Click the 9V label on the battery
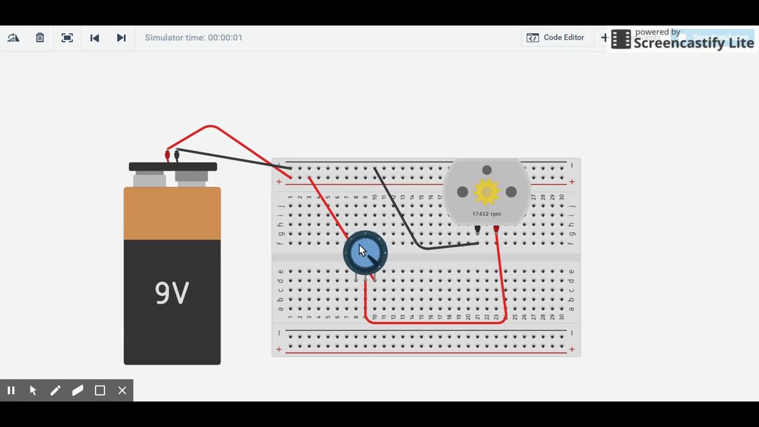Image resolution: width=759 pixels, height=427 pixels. click(172, 293)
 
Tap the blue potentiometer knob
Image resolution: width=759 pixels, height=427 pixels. click(365, 252)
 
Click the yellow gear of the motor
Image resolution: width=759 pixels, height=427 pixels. click(487, 192)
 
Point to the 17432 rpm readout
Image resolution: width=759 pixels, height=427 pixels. click(486, 214)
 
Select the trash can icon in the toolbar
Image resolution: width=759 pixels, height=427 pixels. click(40, 38)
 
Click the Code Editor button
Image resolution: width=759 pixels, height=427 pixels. click(556, 38)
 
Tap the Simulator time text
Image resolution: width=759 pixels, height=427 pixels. click(193, 38)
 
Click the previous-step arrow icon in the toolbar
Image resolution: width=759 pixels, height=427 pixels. click(94, 38)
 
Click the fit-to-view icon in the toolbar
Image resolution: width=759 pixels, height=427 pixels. click(67, 38)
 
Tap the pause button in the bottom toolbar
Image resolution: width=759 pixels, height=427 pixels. click(11, 390)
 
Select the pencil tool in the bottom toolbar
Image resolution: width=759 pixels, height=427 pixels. click(55, 390)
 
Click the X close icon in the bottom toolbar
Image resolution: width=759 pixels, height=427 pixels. click(122, 390)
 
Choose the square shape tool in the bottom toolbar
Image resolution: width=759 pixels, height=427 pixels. click(100, 390)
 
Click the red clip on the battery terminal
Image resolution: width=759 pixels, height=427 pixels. click(168, 155)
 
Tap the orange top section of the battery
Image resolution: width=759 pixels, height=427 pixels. click(172, 213)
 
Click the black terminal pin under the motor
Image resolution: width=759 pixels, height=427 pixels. click(477, 229)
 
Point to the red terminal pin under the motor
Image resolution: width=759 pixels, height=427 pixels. click(496, 229)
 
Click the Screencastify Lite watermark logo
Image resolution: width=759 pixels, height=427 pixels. click(682, 39)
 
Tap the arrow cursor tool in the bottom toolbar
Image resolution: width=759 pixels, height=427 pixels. click(33, 390)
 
